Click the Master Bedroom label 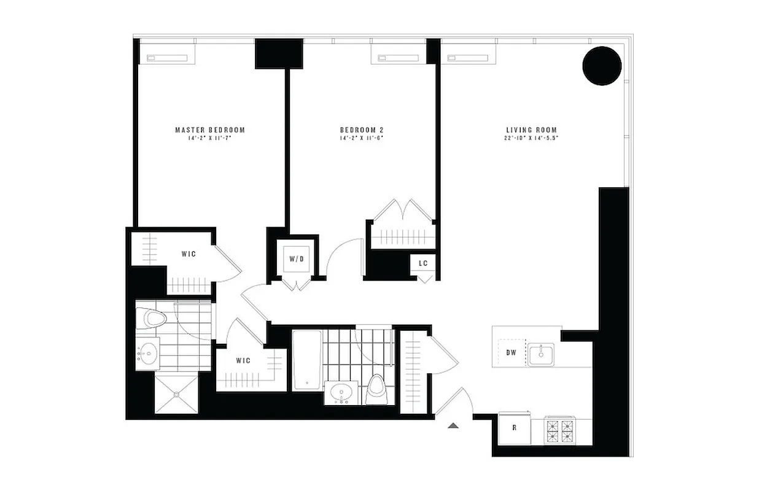pyautogui.click(x=210, y=130)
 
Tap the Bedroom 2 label pyautogui.click(x=362, y=130)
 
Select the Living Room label pyautogui.click(x=531, y=130)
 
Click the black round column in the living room pyautogui.click(x=602, y=66)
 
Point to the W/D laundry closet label pyautogui.click(x=297, y=259)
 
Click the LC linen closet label pyautogui.click(x=423, y=263)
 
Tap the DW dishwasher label pyautogui.click(x=511, y=352)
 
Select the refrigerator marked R pyautogui.click(x=514, y=428)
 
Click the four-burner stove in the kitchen pyautogui.click(x=561, y=430)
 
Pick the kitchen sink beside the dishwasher pyautogui.click(x=541, y=354)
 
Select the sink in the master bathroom pyautogui.click(x=147, y=354)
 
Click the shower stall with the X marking pyautogui.click(x=176, y=393)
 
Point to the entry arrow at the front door pyautogui.click(x=453, y=425)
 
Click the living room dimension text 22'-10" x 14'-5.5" pyautogui.click(x=531, y=138)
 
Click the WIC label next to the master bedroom pyautogui.click(x=189, y=253)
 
